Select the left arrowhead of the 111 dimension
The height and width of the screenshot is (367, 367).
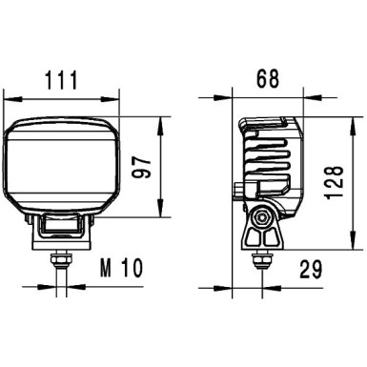10,95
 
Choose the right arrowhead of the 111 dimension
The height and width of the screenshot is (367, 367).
118,95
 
